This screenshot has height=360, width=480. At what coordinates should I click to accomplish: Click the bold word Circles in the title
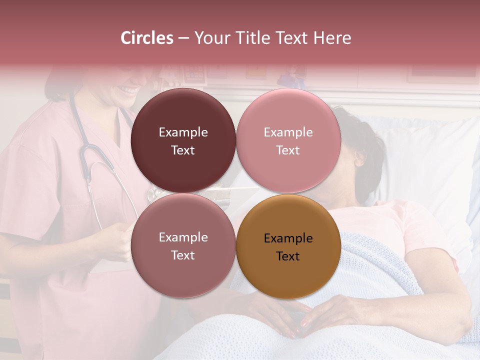pos(146,38)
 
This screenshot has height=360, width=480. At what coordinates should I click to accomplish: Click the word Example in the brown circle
pos(288,238)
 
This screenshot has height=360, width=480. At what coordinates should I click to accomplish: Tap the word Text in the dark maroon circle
pos(183,150)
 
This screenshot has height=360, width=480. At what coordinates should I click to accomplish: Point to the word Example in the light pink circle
pos(288,132)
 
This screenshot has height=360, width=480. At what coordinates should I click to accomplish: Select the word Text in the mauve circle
pos(183,255)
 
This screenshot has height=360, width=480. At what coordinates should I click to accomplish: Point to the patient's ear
pos(359,160)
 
